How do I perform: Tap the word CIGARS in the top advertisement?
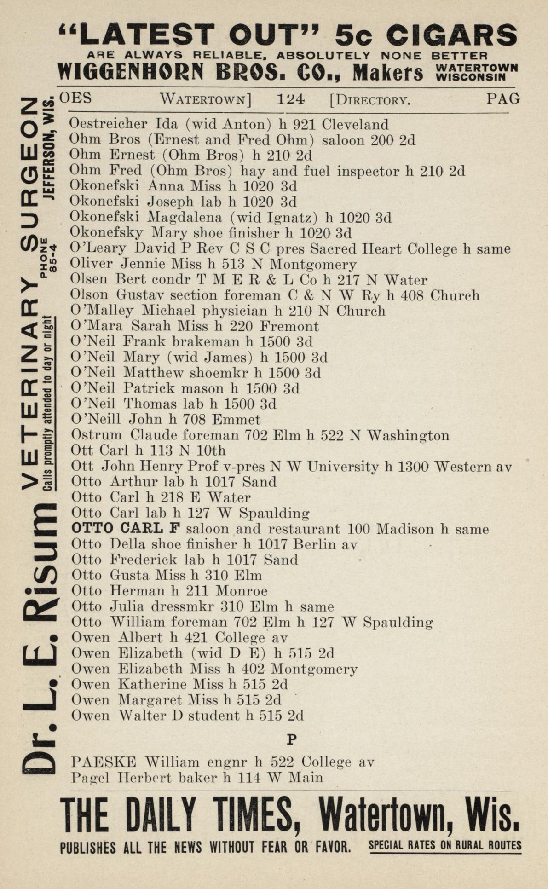coord(451,35)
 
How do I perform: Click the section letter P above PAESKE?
coord(291,739)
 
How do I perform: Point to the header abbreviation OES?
coord(75,98)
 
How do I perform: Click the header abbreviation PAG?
coord(503,98)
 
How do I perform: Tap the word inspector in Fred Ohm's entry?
coord(368,171)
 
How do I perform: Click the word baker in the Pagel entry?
coord(198,778)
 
